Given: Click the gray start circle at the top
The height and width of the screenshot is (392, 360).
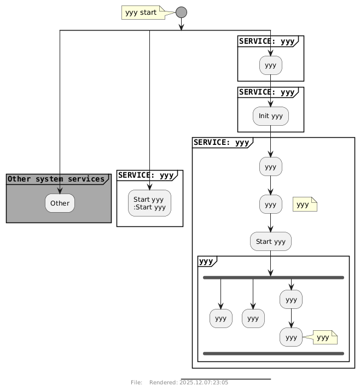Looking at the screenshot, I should tap(182, 11).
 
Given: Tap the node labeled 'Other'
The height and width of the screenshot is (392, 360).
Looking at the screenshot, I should tap(60, 203).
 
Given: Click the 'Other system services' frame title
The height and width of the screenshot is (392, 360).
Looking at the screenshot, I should tap(56, 179).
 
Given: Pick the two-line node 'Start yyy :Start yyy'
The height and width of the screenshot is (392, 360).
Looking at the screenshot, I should tap(149, 203).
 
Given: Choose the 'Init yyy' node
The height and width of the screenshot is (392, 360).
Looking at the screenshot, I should tap(270, 116).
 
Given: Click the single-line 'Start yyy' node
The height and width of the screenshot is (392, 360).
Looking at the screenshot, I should tap(270, 242).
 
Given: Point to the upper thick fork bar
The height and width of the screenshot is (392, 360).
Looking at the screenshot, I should tap(273, 278).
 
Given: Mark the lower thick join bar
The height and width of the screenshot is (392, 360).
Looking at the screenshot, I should tap(273, 354).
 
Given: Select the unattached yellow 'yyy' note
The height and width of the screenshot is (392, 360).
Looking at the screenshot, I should tap(305, 205).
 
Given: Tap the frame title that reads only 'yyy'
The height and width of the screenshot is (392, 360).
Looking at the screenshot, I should tap(206, 261).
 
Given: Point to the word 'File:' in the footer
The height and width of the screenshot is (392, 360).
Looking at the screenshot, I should tap(137, 382).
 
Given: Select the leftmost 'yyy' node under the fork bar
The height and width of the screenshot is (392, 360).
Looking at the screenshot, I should tap(220, 318).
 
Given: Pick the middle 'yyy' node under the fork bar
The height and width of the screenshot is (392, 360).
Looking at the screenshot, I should tap(253, 318).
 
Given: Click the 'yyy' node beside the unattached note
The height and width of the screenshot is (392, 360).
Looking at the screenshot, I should tap(270, 205).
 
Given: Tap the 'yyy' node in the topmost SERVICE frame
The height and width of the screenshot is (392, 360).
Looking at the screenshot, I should tap(270, 66).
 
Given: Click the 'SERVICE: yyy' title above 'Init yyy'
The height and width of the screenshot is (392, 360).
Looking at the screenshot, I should tap(266, 92).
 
